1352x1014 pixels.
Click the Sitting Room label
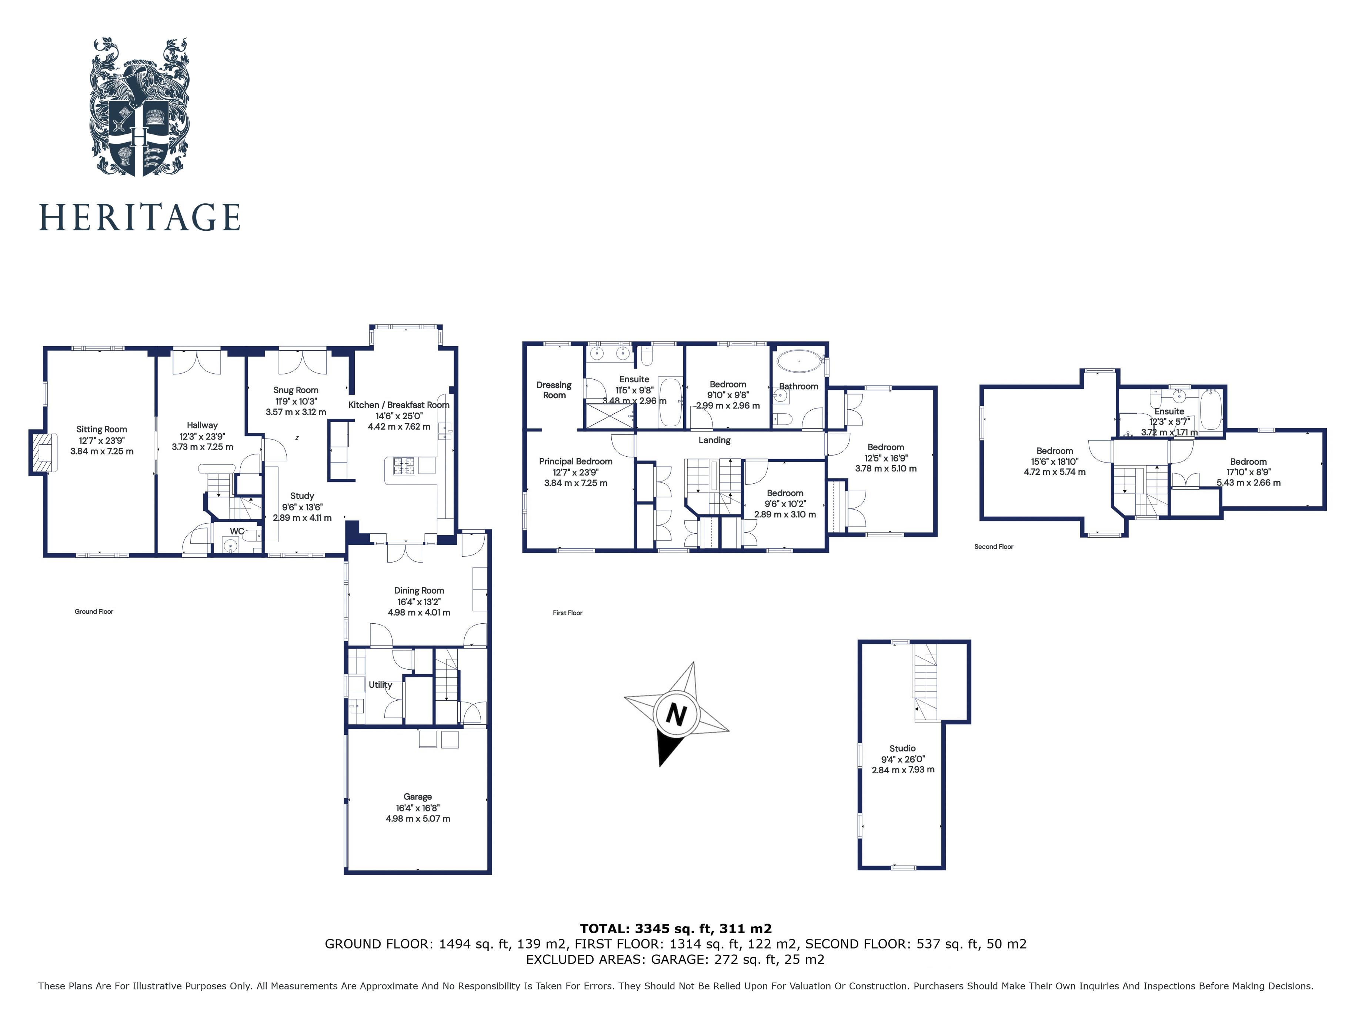pyautogui.click(x=101, y=429)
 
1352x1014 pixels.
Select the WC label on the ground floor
pyautogui.click(x=237, y=531)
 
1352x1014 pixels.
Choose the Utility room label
pyautogui.click(x=380, y=684)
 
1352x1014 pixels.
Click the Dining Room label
pyautogui.click(x=419, y=590)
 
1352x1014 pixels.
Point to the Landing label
pyautogui.click(x=714, y=440)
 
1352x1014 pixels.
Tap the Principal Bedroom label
pyautogui.click(x=575, y=461)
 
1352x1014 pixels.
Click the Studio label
pyautogui.click(x=902, y=748)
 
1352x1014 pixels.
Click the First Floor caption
pyautogui.click(x=567, y=613)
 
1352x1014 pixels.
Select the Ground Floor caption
pyautogui.click(x=94, y=611)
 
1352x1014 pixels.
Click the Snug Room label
pyautogui.click(x=296, y=390)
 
